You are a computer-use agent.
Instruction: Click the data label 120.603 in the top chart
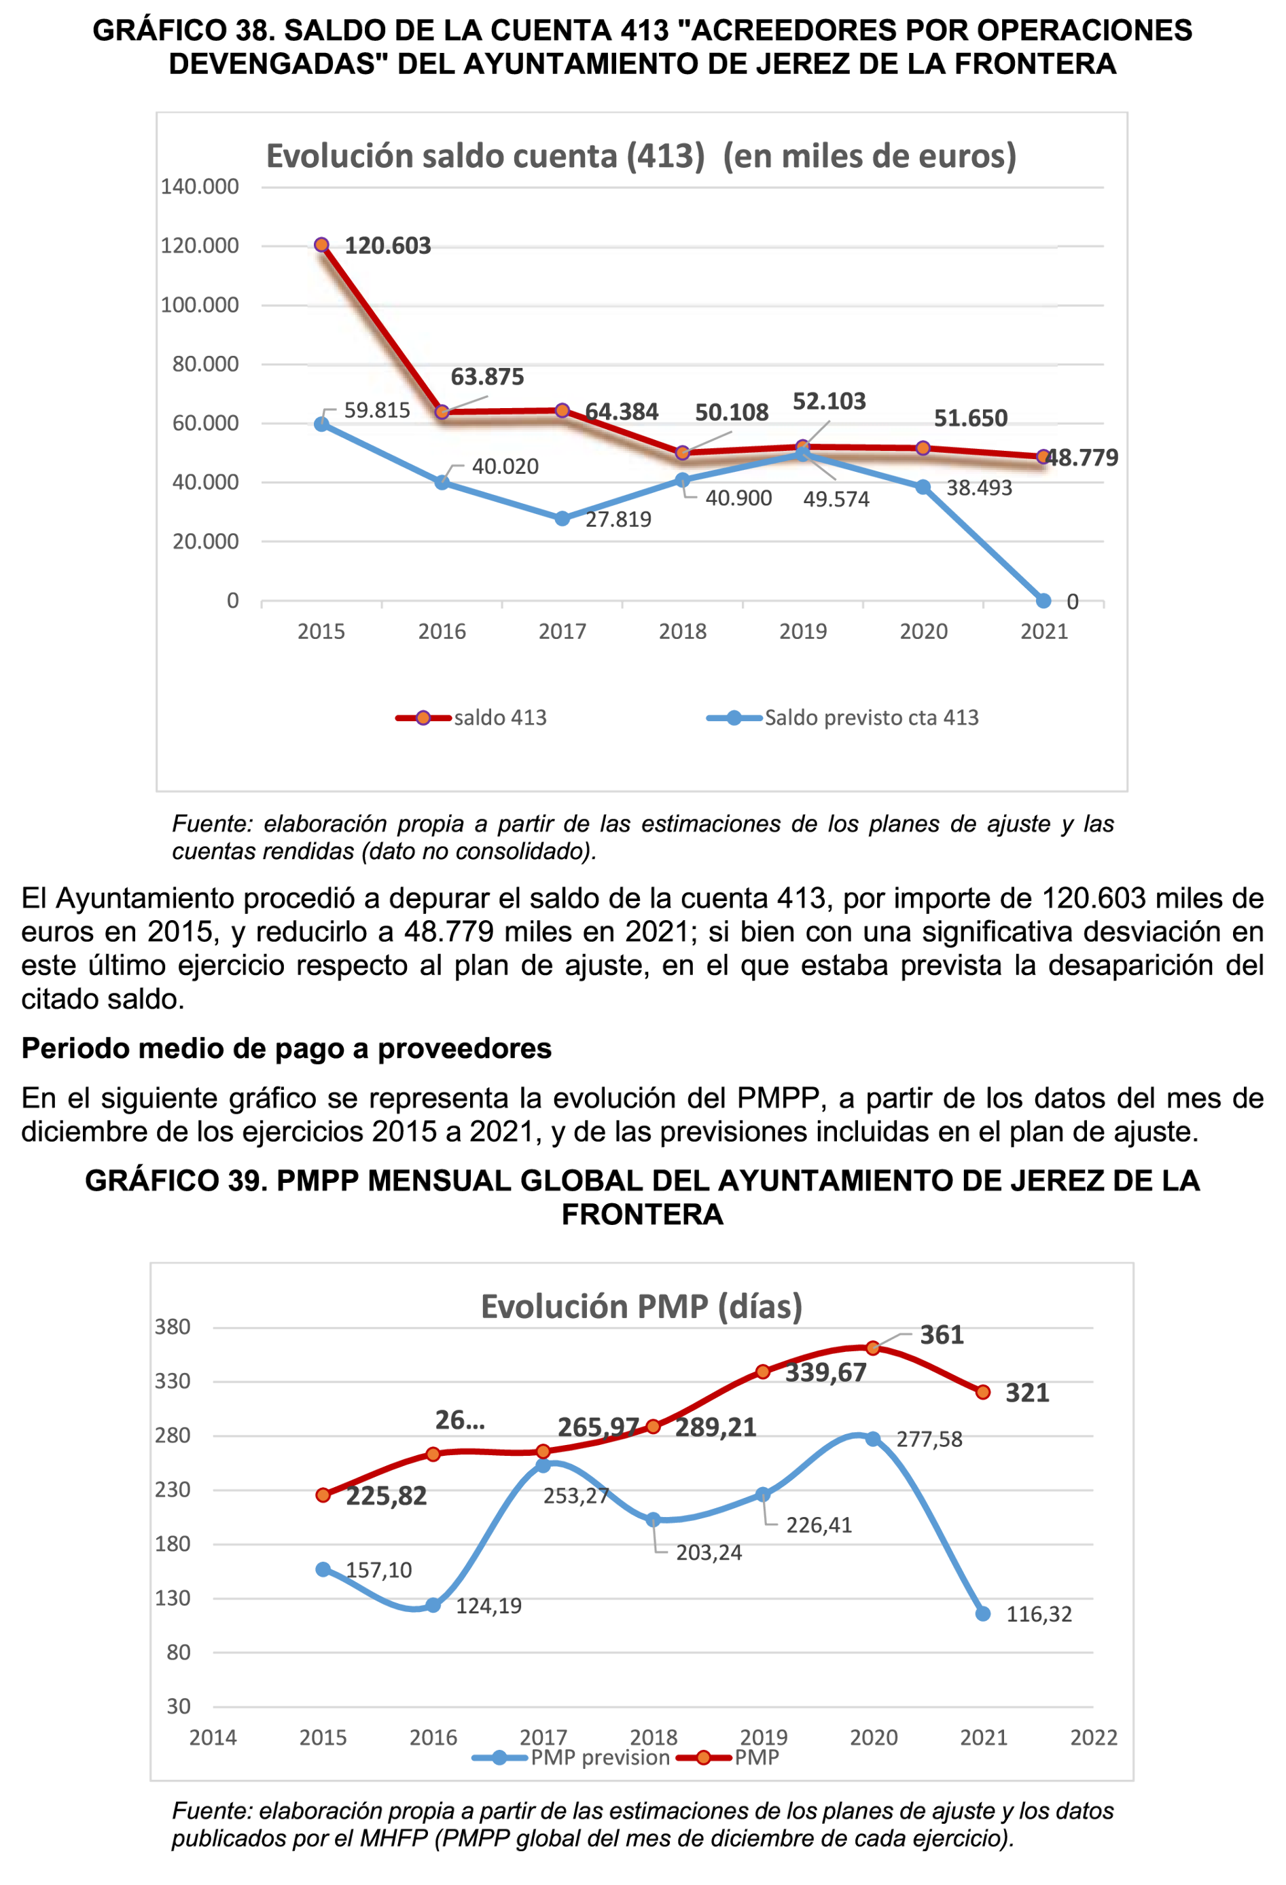pos(387,246)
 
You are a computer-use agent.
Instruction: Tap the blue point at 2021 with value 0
pos(1043,601)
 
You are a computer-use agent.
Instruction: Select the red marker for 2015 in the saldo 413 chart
pos(321,245)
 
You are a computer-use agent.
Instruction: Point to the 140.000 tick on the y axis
pos(200,187)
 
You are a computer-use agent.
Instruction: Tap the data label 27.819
pos(618,519)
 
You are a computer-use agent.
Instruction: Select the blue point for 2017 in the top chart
pos(562,518)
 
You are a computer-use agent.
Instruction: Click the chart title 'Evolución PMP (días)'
pos(641,1306)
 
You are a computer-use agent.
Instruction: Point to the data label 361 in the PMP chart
pos(941,1335)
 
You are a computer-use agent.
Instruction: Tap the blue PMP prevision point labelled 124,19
pos(433,1605)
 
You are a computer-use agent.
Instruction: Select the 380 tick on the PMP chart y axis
pos(172,1327)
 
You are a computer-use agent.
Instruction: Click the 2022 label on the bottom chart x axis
pos(1093,1738)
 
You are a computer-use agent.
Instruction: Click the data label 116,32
pos(1039,1614)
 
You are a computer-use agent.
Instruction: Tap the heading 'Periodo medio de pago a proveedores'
pos(287,1048)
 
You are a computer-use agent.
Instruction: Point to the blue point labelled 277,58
pos(873,1439)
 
